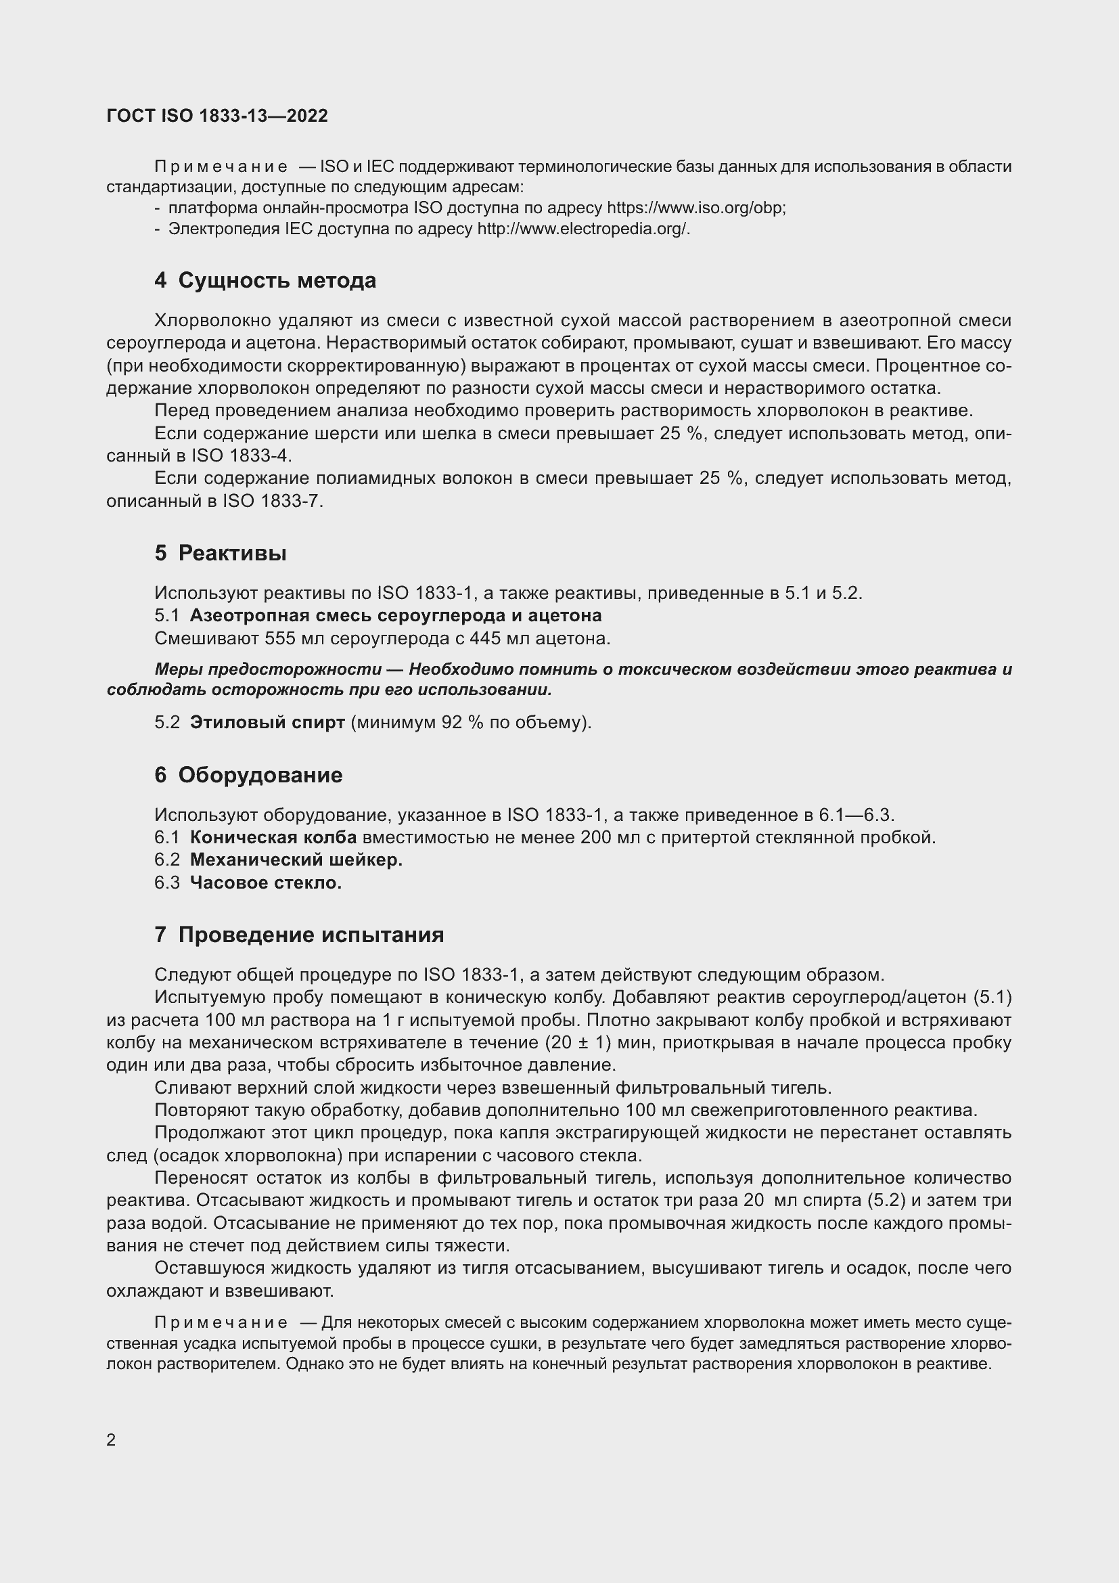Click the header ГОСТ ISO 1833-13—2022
217,116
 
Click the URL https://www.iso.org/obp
695,208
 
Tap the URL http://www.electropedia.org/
583,229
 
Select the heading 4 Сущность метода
265,281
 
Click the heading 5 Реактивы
221,553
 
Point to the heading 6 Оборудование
248,775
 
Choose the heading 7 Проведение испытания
299,935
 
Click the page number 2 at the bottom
111,1440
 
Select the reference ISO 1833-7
271,501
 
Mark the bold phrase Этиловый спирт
267,723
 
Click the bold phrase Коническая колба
273,838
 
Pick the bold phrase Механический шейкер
296,860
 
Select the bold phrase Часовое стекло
266,883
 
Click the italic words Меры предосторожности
268,669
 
